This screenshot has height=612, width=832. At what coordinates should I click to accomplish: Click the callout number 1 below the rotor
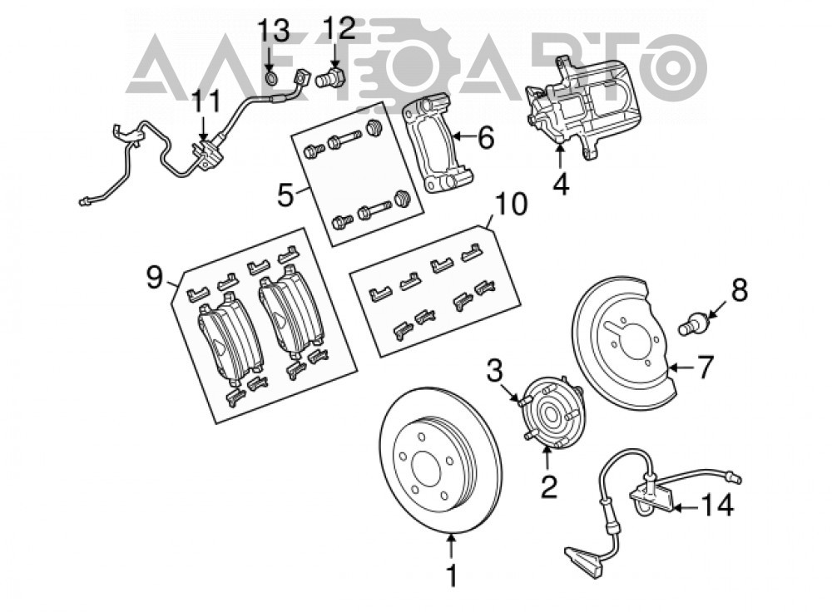(452, 575)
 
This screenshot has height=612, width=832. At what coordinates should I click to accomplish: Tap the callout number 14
(717, 506)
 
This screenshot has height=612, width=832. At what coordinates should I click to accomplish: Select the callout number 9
(155, 278)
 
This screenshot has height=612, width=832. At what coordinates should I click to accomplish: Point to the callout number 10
(511, 205)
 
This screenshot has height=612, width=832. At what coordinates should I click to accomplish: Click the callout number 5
(285, 195)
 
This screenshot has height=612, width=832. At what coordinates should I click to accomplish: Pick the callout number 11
(205, 101)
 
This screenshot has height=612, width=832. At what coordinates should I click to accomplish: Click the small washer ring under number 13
(270, 79)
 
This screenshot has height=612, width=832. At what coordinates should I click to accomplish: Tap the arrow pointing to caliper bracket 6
(465, 137)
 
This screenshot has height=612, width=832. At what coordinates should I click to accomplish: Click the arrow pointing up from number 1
(451, 547)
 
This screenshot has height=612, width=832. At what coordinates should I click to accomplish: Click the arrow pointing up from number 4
(560, 157)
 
